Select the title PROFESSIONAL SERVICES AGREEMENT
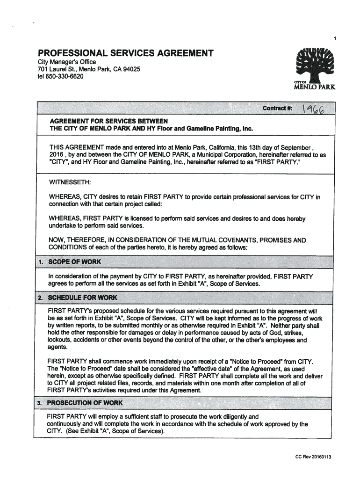(x=126, y=53)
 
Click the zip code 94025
(x=130, y=69)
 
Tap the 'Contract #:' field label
(x=278, y=109)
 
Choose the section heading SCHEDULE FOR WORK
(x=83, y=298)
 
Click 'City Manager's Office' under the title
(x=67, y=62)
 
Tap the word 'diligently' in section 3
(x=235, y=416)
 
